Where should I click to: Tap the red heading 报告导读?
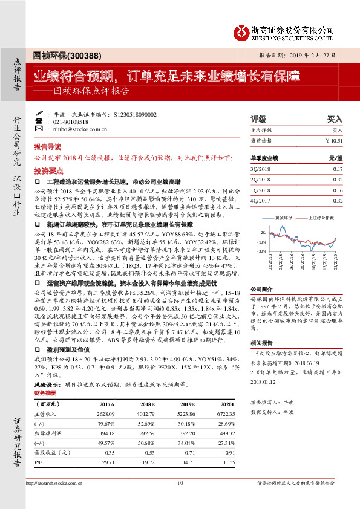(47, 147)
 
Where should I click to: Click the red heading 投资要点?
(47, 171)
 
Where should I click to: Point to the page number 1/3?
(180, 482)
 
